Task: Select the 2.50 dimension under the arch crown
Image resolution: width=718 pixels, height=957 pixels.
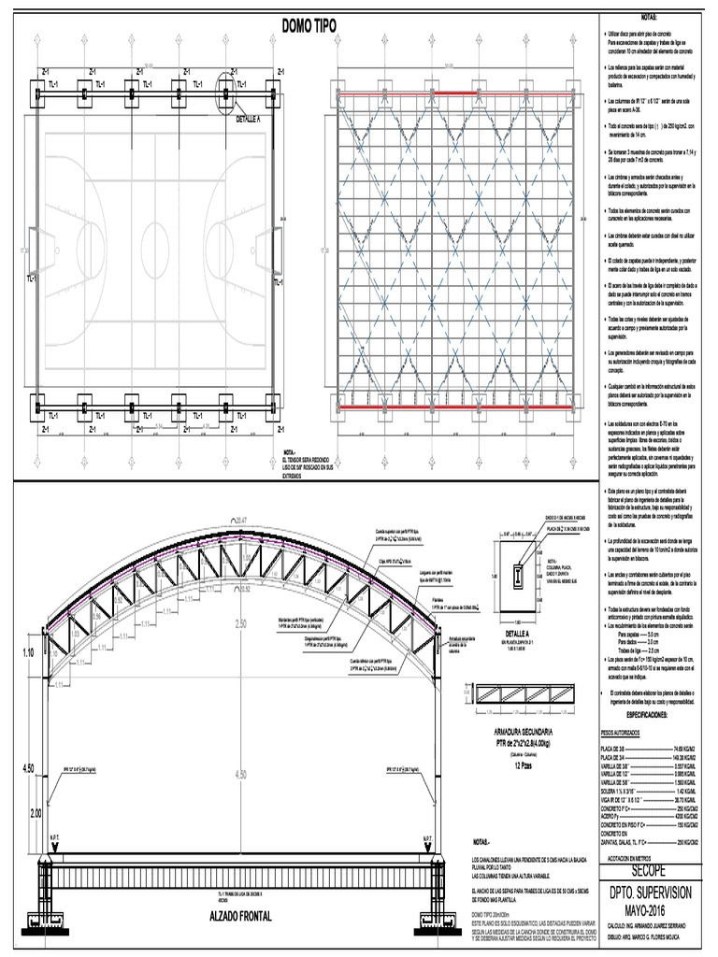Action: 241,623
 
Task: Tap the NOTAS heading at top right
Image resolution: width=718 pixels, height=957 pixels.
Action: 650,18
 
